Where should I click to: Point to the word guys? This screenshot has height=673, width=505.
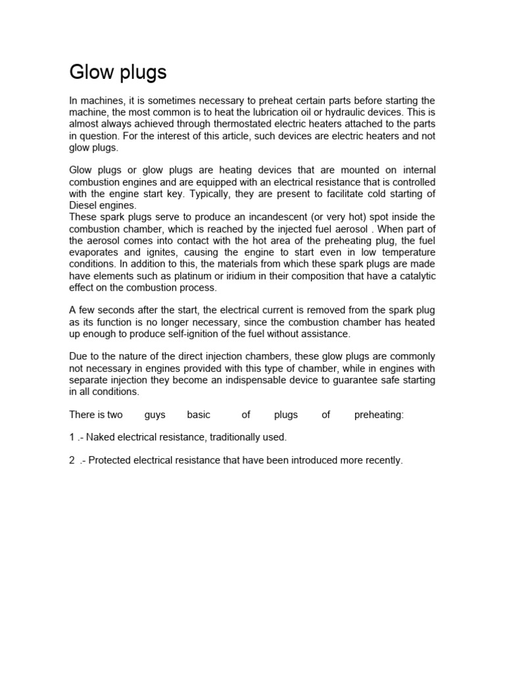[155, 415]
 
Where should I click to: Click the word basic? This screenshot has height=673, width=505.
[199, 415]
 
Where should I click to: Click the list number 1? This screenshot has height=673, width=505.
[72, 437]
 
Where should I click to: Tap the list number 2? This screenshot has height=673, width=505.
[72, 460]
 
